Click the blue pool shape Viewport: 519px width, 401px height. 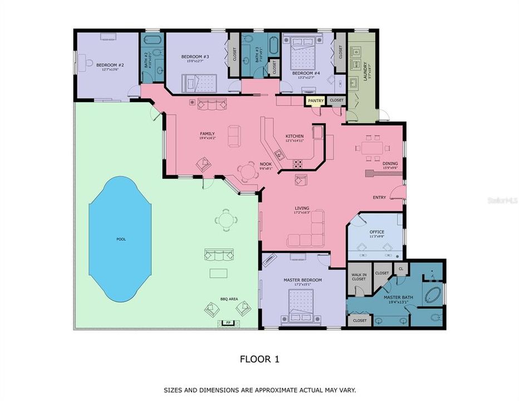tap(120, 238)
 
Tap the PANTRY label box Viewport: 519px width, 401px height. tap(315, 101)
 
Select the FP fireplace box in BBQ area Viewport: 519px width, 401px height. tap(227, 322)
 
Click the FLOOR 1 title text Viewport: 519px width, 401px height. tap(259, 359)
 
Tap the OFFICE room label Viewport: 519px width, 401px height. tap(377, 232)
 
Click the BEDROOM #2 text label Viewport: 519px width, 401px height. tap(110, 65)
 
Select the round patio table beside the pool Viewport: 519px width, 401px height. tap(225, 219)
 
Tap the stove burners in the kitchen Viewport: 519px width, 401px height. tap(298, 164)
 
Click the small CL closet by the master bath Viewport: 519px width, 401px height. tap(400, 268)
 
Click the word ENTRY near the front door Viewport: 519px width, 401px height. tap(379, 197)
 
